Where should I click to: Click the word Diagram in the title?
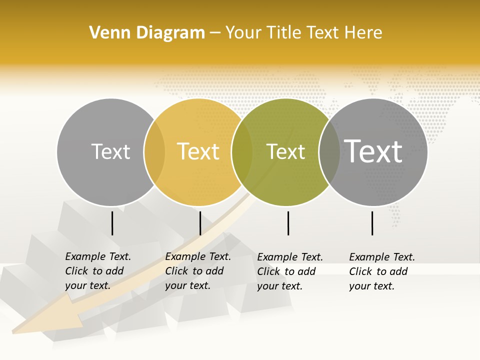[170, 33]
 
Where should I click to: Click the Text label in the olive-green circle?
[285, 152]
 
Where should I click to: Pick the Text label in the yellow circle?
[198, 152]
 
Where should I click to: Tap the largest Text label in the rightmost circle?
[373, 151]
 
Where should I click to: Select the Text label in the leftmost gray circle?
[110, 152]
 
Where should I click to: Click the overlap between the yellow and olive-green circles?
[242, 152]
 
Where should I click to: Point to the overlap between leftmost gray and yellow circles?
[154, 152]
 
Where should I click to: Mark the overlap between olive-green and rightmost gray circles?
[329, 152]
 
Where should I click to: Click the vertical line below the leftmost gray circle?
[112, 223]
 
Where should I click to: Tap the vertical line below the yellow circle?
[200, 223]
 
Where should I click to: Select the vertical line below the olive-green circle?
[288, 223]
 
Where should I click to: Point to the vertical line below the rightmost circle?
[372, 223]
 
